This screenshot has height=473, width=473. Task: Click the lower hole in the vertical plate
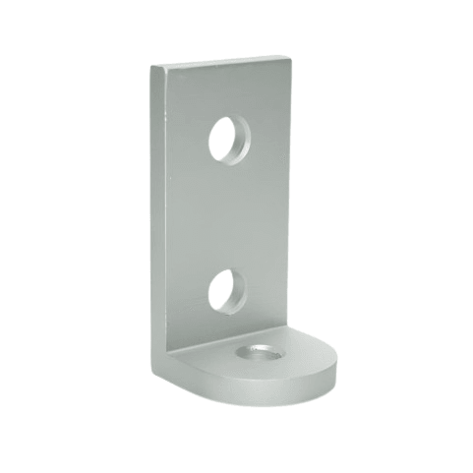[x=227, y=290]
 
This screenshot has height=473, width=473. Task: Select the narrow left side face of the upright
[x=159, y=216]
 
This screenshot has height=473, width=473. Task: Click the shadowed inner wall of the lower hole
[x=215, y=289]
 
